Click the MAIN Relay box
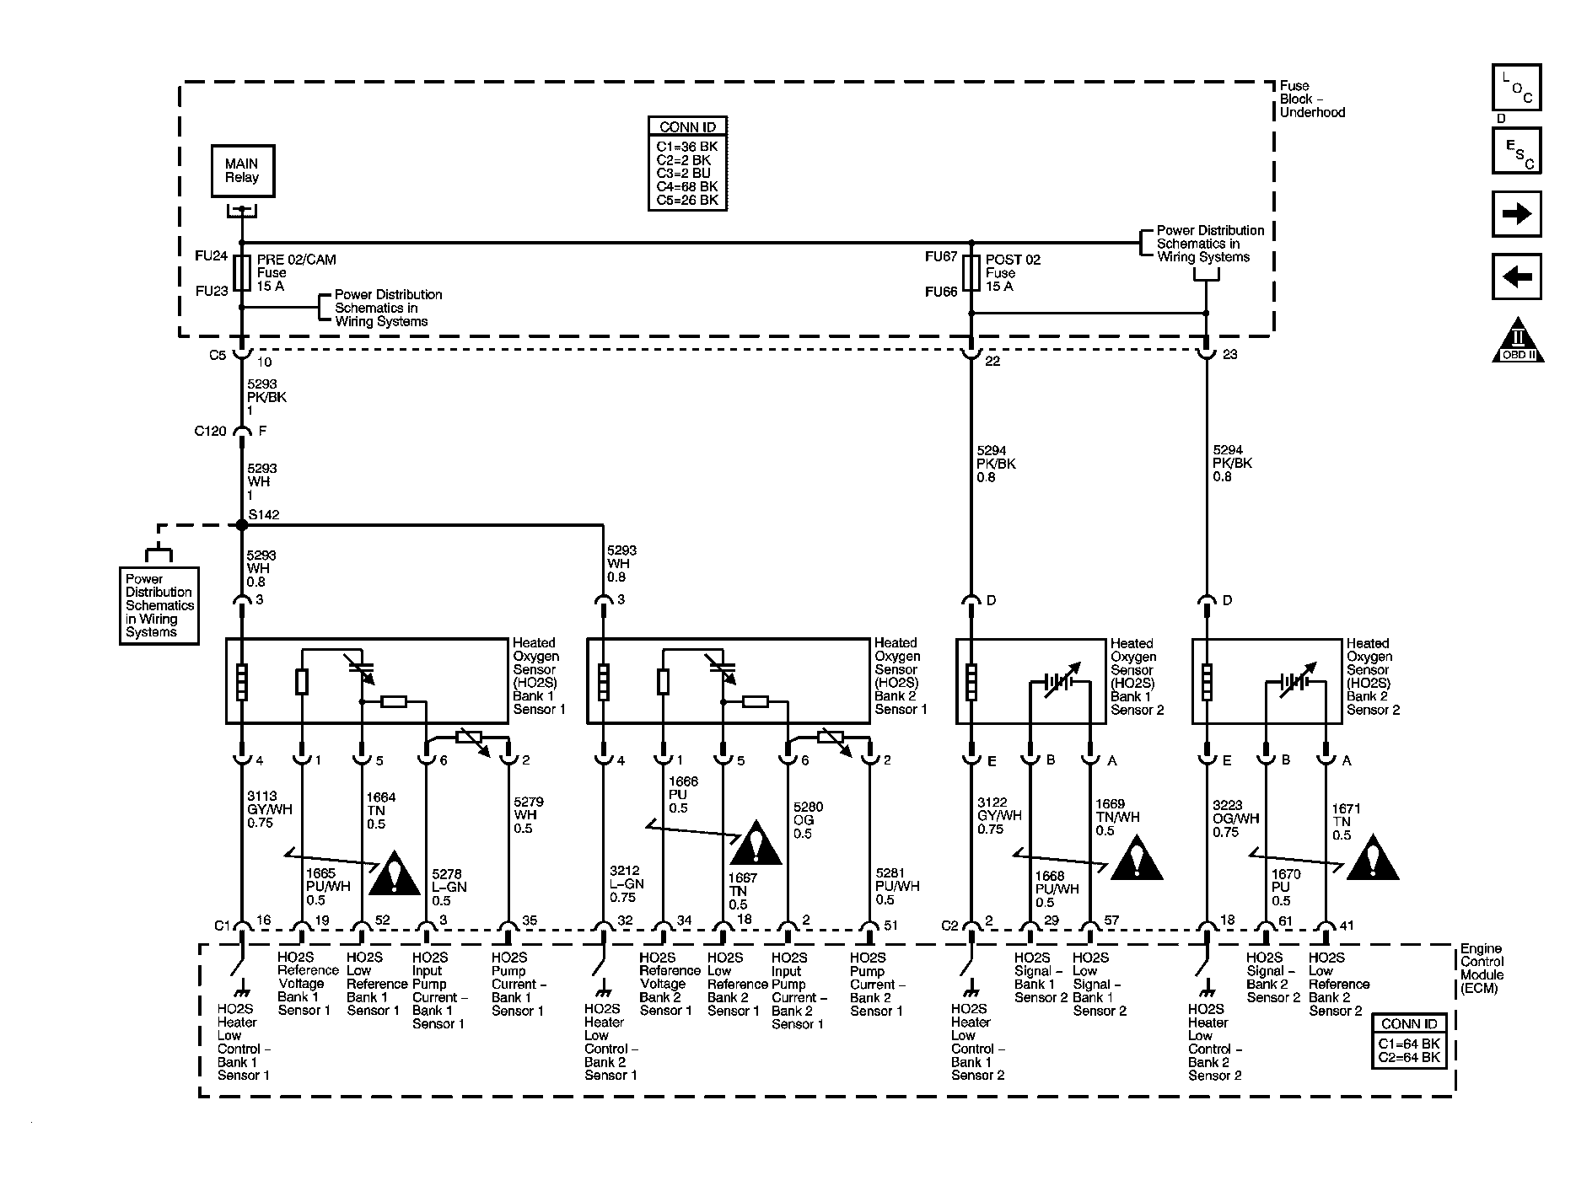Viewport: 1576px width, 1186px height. pyautogui.click(x=242, y=171)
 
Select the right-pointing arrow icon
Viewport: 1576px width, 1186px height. pyautogui.click(x=1516, y=214)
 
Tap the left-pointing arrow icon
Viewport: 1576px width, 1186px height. pyautogui.click(x=1516, y=276)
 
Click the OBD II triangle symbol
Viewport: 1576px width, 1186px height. pyautogui.click(x=1518, y=341)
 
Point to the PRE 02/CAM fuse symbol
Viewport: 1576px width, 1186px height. pyautogui.click(x=242, y=273)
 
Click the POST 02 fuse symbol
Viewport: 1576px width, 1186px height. pyautogui.click(x=971, y=272)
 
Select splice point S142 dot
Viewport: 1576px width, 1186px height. pyautogui.click(x=242, y=525)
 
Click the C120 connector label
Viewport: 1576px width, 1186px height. pyautogui.click(x=210, y=432)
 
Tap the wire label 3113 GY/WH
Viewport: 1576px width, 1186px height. pyautogui.click(x=269, y=809)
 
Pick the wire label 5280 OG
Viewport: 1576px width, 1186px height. pyautogui.click(x=808, y=820)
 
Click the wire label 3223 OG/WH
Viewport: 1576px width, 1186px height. pyautogui.click(x=1235, y=818)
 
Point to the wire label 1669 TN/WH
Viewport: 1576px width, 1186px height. pyautogui.click(x=1116, y=817)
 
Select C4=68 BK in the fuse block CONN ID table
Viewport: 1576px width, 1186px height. pyautogui.click(x=687, y=186)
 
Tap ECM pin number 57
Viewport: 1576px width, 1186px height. pyautogui.click(x=1111, y=920)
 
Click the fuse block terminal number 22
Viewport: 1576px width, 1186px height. pyautogui.click(x=992, y=361)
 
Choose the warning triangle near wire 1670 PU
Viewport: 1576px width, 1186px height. pyautogui.click(x=1372, y=859)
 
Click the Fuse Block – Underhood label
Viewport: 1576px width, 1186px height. pyautogui.click(x=1311, y=99)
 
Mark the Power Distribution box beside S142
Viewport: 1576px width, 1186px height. pyautogui.click(x=159, y=605)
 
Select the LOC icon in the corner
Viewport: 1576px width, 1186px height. pyautogui.click(x=1516, y=88)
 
